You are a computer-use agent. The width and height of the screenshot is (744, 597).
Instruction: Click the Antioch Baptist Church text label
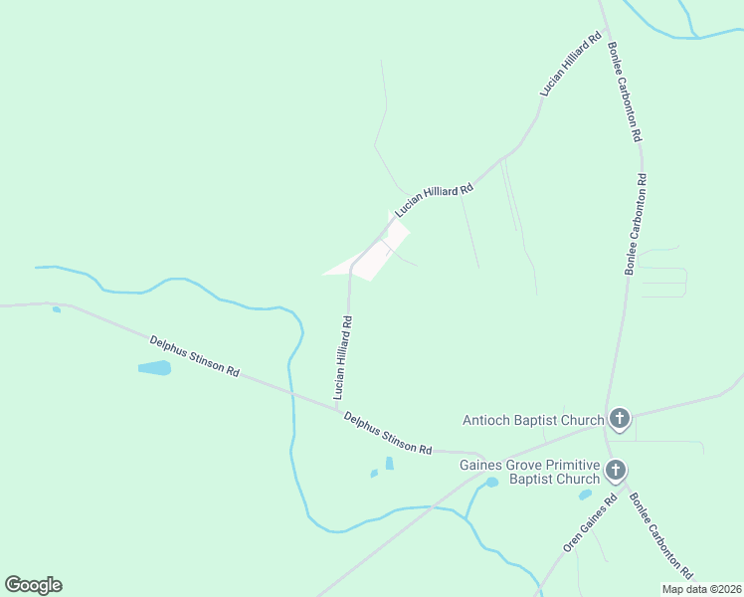(x=533, y=420)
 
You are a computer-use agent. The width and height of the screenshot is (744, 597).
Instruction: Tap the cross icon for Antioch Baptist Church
(x=620, y=419)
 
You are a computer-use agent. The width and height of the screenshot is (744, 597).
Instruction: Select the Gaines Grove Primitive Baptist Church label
(x=530, y=472)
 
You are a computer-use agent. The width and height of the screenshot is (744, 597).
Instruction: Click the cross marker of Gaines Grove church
(x=616, y=470)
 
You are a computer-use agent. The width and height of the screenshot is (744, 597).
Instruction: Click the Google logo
(x=33, y=585)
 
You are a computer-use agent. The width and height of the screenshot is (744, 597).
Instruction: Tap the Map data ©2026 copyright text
(x=701, y=589)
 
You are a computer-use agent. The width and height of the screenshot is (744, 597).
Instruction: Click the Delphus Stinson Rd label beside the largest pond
(x=195, y=356)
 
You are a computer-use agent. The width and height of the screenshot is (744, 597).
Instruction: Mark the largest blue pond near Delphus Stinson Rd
(x=154, y=368)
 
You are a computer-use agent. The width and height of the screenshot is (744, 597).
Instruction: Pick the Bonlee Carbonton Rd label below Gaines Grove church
(x=660, y=537)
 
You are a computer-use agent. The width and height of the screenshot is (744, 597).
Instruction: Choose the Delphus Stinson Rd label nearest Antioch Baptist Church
(x=388, y=434)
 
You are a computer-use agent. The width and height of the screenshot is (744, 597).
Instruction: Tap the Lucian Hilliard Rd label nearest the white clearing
(x=434, y=193)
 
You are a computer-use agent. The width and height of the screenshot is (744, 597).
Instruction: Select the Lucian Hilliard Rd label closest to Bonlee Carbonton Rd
(x=572, y=64)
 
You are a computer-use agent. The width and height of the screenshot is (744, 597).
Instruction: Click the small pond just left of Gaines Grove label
(x=491, y=483)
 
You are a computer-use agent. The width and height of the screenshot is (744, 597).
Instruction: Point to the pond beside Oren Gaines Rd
(x=585, y=495)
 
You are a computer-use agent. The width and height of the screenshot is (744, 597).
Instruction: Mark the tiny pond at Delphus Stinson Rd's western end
(x=57, y=309)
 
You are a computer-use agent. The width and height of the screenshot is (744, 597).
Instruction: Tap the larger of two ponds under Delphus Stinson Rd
(x=389, y=464)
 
